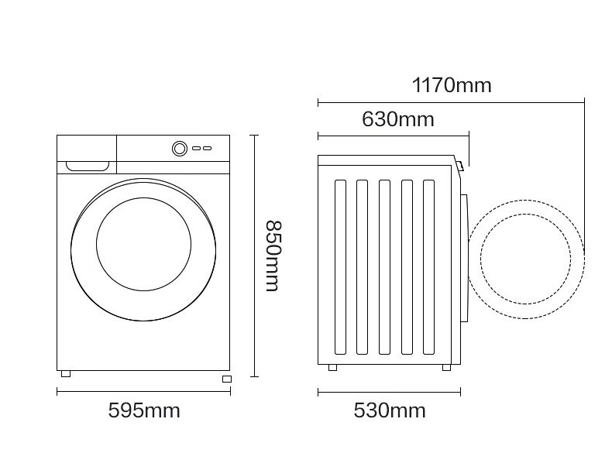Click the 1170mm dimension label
452,85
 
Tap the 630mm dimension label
397,119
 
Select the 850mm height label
273,256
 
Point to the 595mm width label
144,410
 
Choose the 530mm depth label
390,410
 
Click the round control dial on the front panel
180,148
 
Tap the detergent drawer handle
88,166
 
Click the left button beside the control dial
196,148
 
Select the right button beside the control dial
208,148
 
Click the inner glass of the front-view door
143,244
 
